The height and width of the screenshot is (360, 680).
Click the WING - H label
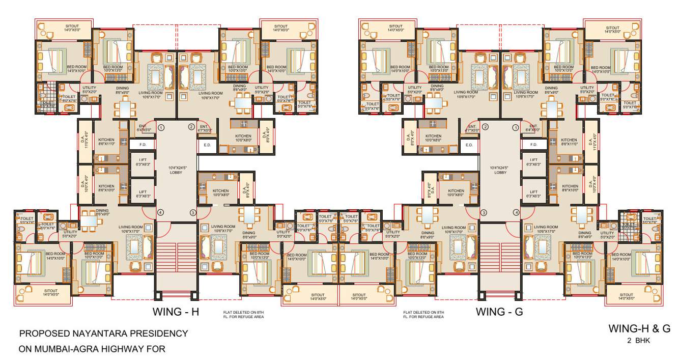tap(176, 312)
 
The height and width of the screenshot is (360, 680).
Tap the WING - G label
tap(499, 312)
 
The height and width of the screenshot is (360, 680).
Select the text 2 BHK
tap(639, 341)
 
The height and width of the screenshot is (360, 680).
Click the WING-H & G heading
tap(639, 329)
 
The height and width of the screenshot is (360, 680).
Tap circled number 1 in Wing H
tap(161, 127)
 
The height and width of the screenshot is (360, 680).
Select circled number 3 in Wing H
tap(192, 212)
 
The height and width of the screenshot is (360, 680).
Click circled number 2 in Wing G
tap(485, 127)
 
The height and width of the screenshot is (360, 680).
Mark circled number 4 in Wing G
tap(516, 212)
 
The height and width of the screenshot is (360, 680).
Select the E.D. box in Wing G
tap(469, 145)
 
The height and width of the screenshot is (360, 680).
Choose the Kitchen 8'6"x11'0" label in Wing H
tap(106, 142)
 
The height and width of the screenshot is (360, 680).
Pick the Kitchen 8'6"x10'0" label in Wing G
tap(570, 188)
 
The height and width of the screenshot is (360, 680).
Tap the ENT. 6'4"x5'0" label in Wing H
tap(144, 128)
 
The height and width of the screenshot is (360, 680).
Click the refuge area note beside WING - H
tap(243, 315)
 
